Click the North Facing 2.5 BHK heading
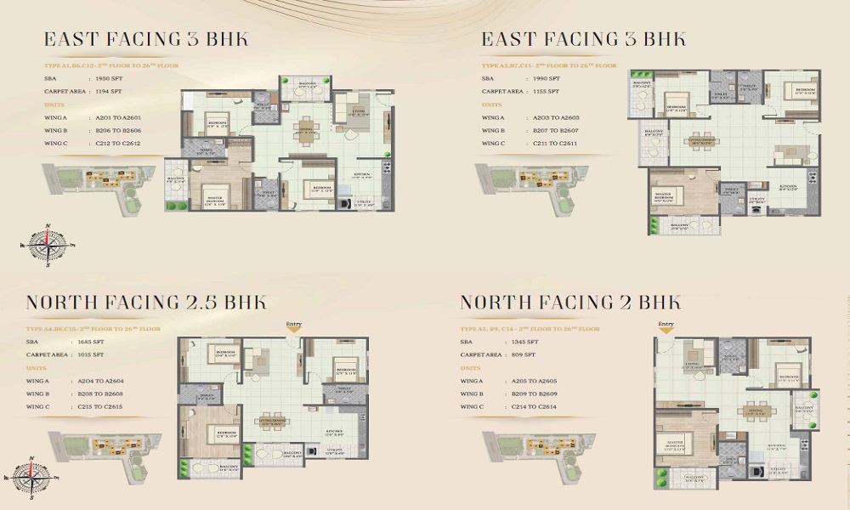point(145,303)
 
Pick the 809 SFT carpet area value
point(523,354)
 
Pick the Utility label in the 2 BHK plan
point(779,468)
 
